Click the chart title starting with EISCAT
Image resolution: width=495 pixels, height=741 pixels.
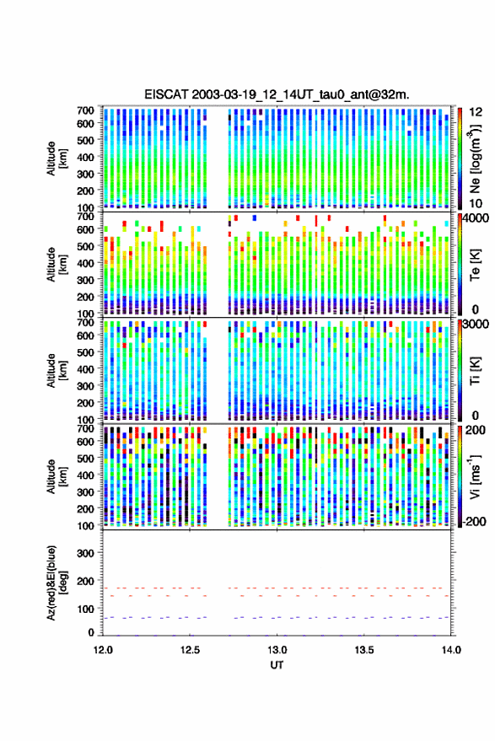coord(277,94)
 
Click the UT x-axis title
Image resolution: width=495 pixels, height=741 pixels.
coord(277,665)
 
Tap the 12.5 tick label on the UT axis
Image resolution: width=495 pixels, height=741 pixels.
coord(190,650)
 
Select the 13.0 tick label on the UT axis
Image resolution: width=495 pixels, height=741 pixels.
coord(277,650)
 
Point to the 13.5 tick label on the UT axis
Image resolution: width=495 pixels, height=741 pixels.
coord(364,650)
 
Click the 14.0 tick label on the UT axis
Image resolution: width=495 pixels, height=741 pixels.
coord(451,650)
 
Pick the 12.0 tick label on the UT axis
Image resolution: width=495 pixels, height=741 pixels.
coord(103,650)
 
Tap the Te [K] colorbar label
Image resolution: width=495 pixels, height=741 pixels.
coord(475,265)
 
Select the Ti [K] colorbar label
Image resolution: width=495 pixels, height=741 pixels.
coord(475,371)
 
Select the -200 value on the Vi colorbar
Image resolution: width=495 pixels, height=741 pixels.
coord(474,521)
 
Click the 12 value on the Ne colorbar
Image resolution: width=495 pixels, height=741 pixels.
coord(476,112)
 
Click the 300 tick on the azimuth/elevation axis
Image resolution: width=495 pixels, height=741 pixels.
coord(85,553)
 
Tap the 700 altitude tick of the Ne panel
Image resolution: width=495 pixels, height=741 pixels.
coord(85,110)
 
